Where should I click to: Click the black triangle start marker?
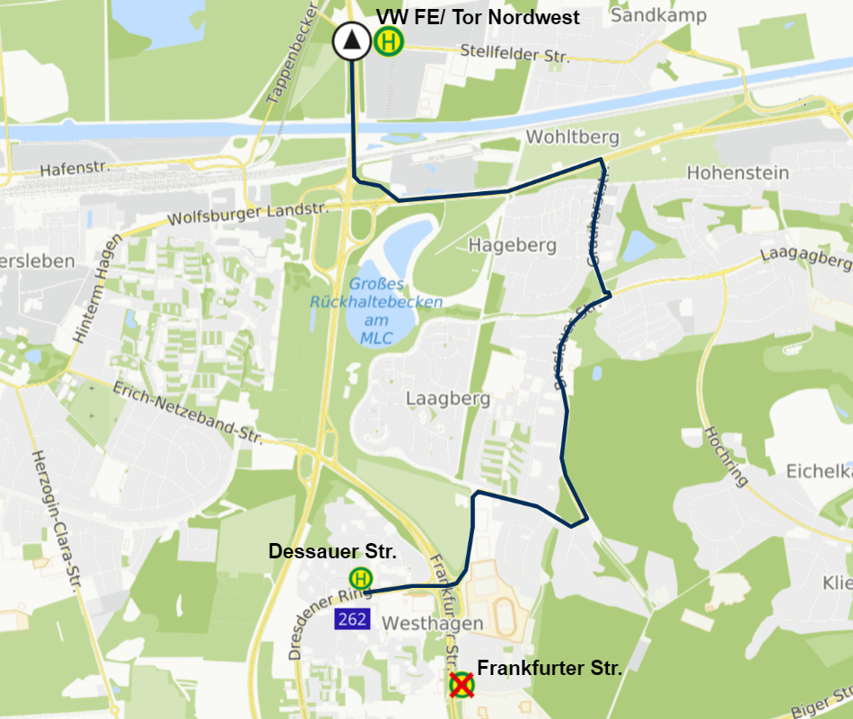click(x=351, y=41)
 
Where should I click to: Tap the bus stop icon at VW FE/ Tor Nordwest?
click(x=390, y=41)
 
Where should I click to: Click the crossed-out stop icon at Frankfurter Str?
click(x=462, y=685)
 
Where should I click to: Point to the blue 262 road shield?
click(x=351, y=618)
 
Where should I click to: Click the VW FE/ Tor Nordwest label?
click(x=477, y=17)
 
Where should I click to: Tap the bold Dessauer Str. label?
click(x=332, y=551)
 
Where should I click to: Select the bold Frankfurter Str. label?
click(x=550, y=668)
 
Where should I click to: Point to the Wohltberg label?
click(x=573, y=137)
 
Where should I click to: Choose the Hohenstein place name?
click(x=737, y=172)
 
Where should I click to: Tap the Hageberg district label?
click(x=513, y=245)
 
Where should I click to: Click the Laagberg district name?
click(x=447, y=398)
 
